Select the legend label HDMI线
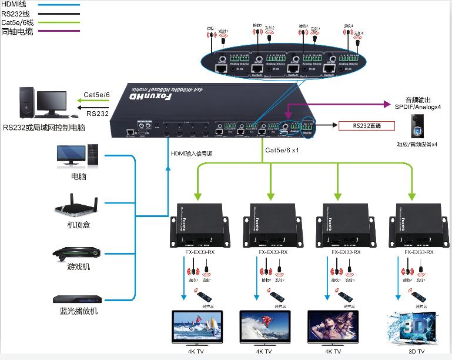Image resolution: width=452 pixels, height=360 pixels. [16, 5]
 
